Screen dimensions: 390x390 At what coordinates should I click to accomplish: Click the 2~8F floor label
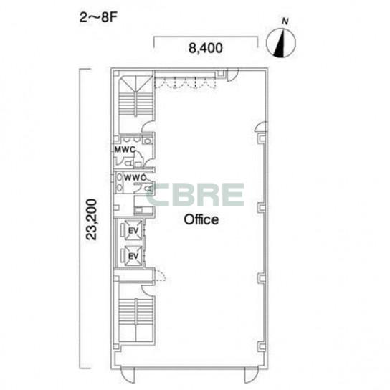coord(98,18)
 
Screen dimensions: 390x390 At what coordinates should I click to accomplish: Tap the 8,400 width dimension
coord(206,48)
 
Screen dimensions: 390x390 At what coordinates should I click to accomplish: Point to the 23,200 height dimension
coord(91,219)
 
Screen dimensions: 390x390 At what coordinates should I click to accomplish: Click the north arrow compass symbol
coord(281,43)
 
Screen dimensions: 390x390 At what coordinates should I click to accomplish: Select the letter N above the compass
coord(285,22)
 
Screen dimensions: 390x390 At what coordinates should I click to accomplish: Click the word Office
coord(201,219)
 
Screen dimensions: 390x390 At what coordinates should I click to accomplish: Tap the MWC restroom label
coord(125,150)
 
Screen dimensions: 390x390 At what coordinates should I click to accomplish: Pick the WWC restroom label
coord(135,178)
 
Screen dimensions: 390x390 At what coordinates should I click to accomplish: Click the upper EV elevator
coord(133,231)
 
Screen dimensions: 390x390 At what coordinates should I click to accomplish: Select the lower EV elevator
coord(133,256)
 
